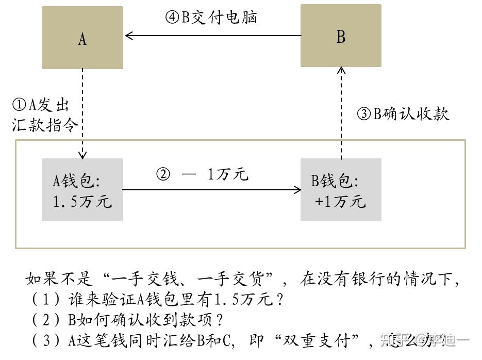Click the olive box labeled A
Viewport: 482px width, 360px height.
coord(82,38)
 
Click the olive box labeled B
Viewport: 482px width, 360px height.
coord(341,36)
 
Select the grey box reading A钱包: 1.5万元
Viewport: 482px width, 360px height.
coord(82,190)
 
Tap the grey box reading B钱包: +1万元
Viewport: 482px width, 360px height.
coord(341,190)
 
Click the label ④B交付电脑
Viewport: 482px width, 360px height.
coord(211,17)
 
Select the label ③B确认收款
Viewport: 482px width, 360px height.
coord(403,114)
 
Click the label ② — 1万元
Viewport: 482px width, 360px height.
coord(202,174)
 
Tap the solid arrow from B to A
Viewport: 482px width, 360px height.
coord(212,36)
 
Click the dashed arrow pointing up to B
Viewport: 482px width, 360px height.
coord(341,113)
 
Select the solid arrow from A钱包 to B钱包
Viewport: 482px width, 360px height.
coord(212,190)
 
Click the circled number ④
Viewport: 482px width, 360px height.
coord(172,17)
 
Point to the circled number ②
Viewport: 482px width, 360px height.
coord(163,174)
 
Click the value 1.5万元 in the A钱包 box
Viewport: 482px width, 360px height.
coord(82,201)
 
